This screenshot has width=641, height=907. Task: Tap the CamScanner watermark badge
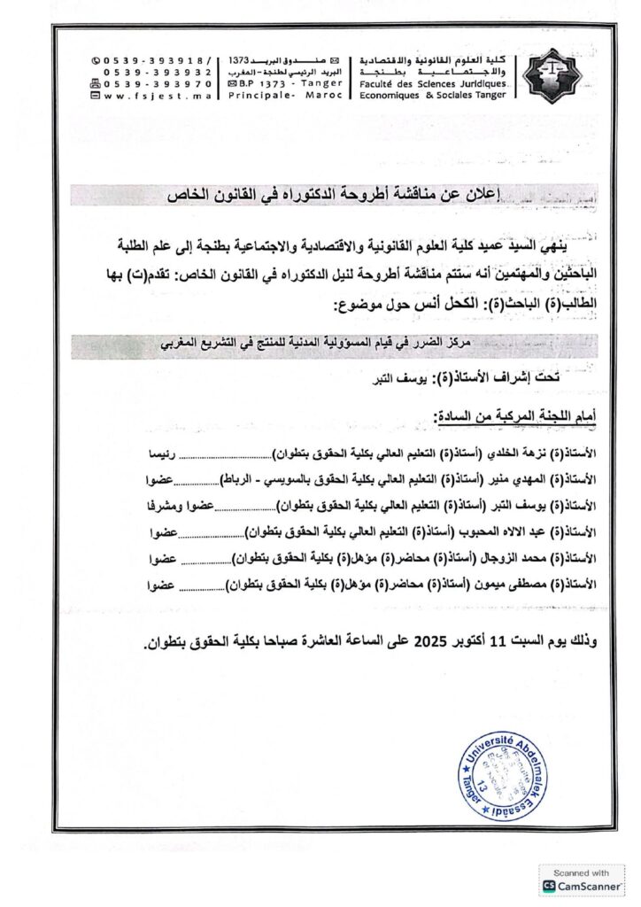(x=580, y=880)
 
